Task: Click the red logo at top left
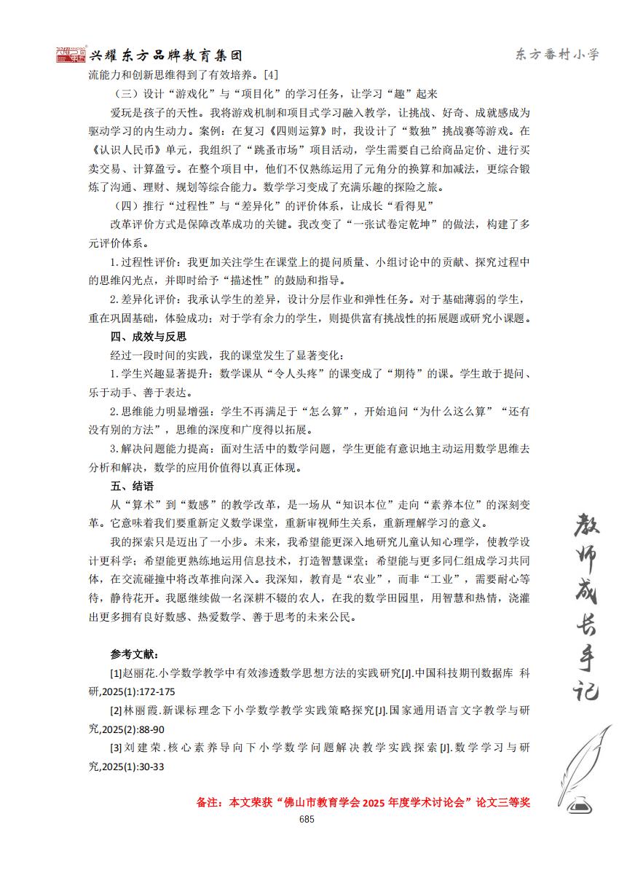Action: [x=71, y=55]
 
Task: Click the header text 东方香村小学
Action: [x=556, y=55]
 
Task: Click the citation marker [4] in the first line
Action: [x=270, y=74]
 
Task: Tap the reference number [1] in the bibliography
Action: [x=116, y=673]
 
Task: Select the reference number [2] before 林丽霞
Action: [x=116, y=710]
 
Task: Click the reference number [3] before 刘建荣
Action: [x=116, y=748]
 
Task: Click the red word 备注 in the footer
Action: [x=208, y=802]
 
